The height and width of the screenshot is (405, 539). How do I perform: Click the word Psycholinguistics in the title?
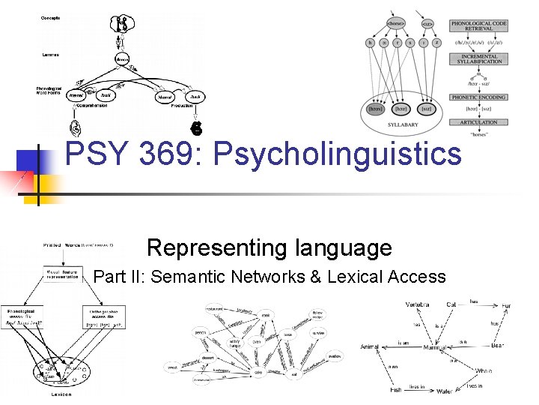pos(338,154)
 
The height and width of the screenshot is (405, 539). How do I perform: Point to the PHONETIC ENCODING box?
pos(478,97)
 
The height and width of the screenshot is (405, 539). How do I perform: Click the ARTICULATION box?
pos(478,121)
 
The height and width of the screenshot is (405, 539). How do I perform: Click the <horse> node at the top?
pos(396,24)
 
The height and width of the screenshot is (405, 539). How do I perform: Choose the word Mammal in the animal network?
pos(434,348)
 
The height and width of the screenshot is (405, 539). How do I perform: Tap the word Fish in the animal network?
pos(396,389)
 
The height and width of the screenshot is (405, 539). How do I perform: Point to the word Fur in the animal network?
pos(506,306)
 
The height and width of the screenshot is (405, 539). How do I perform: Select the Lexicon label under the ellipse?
pos(61,393)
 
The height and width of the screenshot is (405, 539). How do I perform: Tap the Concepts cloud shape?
pos(124,24)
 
